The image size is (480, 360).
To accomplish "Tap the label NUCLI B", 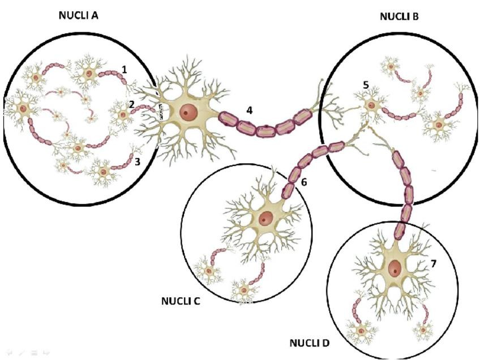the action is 399,17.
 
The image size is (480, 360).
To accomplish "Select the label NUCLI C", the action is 181,301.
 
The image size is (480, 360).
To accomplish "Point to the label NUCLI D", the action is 309,343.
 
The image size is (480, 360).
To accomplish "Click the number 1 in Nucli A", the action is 124,69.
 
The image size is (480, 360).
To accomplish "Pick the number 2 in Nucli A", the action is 131,104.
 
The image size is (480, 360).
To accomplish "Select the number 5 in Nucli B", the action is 366,85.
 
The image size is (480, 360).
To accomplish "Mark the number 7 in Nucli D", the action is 434,264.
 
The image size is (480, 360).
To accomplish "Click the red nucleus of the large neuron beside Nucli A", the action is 186,113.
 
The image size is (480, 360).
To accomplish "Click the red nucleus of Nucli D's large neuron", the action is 395,269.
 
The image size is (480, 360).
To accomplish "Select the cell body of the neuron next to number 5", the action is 371,105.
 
